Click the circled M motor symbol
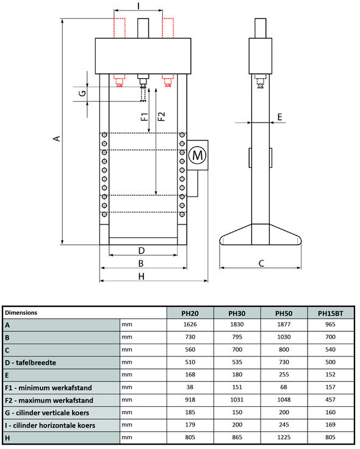(x=198, y=156)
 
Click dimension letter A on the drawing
(x=56, y=138)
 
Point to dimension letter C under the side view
(x=261, y=264)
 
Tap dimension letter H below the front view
(x=141, y=276)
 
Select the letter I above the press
(x=138, y=5)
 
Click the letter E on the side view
(x=279, y=116)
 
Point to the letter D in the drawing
(x=141, y=250)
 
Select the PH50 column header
(x=283, y=313)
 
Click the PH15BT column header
(x=330, y=313)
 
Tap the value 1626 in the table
(x=190, y=325)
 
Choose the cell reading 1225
(x=283, y=437)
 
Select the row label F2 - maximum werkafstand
(x=49, y=400)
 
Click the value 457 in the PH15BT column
(x=330, y=400)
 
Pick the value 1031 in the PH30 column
(x=237, y=400)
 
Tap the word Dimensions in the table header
(x=21, y=312)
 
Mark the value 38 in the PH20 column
(x=190, y=387)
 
